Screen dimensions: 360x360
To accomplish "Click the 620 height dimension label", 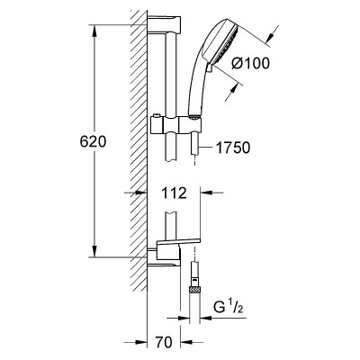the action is pos(93,141).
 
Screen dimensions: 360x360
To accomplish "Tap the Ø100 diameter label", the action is pos(251,63).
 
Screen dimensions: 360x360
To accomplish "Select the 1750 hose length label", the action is pos(233,148).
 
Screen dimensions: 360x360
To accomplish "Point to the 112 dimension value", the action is pos(174,193).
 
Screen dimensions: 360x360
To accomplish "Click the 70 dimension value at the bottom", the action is pos(164,342).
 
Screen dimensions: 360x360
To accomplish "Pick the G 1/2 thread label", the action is pos(228,308).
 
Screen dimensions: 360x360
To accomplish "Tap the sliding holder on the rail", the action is pos(175,124).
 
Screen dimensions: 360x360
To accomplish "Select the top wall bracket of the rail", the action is pos(164,24).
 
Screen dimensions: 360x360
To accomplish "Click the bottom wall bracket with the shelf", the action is pos(174,251).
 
